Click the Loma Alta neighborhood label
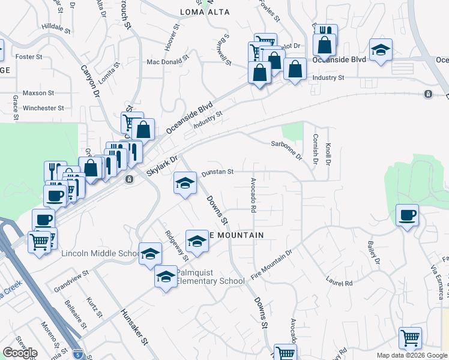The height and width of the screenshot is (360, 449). [205, 11]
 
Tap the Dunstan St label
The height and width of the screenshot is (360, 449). [217, 172]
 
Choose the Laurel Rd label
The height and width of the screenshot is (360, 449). [339, 281]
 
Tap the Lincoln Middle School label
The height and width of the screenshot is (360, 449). [101, 254]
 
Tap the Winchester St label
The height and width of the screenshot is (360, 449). [43, 109]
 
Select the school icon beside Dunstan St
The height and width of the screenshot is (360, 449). [185, 183]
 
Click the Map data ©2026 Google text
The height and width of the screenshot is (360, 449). [412, 355]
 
